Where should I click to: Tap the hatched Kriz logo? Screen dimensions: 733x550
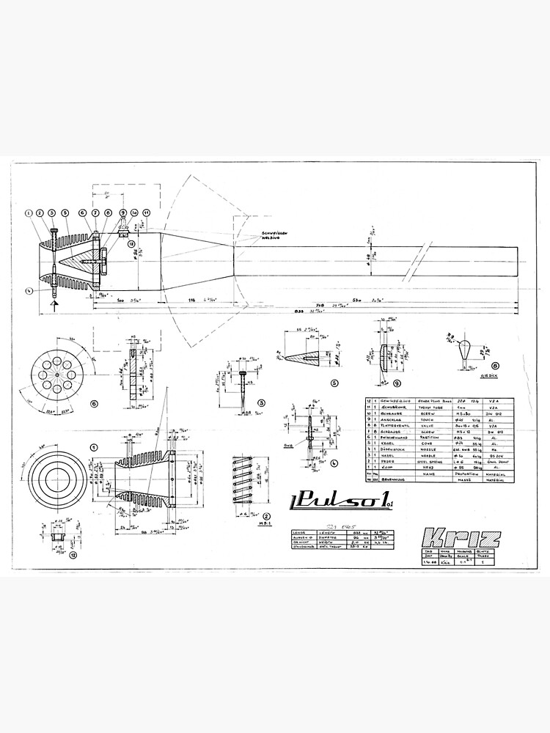click(461, 537)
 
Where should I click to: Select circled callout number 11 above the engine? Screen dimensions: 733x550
click(147, 213)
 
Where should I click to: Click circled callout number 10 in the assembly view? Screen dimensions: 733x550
click(134, 213)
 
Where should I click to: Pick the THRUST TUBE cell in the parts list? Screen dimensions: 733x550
click(430, 409)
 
